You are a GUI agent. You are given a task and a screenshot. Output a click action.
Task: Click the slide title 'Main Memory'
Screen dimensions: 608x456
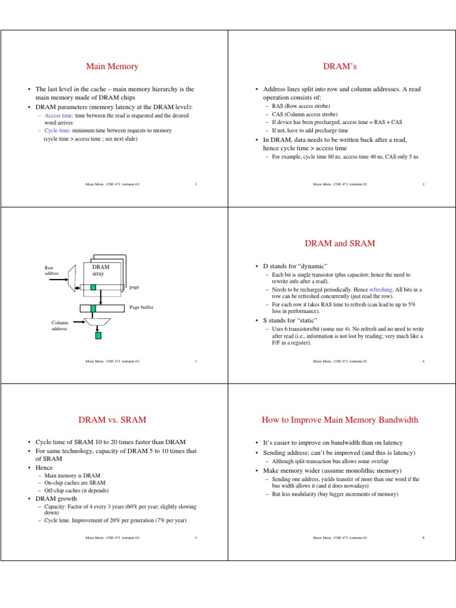[x=112, y=66]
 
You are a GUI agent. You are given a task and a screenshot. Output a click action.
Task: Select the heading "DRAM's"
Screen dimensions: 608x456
[x=340, y=66]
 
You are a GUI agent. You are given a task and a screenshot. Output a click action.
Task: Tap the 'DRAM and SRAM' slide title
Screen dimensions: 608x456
[x=340, y=243]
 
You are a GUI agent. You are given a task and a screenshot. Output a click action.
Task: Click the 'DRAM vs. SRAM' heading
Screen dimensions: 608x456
[x=112, y=420]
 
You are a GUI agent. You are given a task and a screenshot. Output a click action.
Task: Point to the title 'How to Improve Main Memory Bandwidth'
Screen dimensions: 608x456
[x=340, y=420]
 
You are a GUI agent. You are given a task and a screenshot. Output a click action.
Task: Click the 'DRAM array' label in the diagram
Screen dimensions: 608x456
[x=100, y=270]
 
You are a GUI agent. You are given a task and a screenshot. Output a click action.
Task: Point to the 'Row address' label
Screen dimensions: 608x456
[x=52, y=271]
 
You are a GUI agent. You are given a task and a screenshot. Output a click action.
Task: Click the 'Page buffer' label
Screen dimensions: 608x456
[x=142, y=308]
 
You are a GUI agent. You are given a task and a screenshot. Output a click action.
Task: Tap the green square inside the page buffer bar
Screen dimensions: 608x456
[x=93, y=308]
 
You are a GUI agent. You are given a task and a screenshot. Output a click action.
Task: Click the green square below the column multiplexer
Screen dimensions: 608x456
[x=98, y=335]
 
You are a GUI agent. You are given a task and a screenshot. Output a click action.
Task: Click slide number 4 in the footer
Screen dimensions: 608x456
[x=423, y=361]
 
